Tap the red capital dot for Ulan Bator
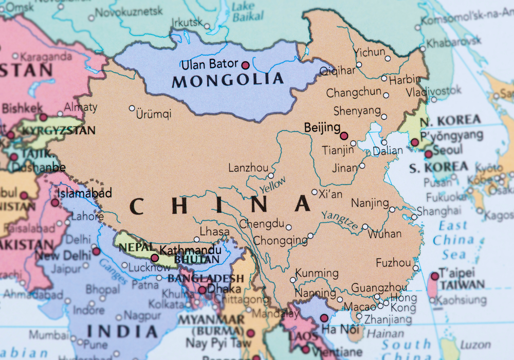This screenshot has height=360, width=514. (245, 65)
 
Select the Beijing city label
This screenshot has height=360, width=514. (322, 127)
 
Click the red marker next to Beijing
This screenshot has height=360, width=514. (344, 136)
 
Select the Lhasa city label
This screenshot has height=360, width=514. (214, 232)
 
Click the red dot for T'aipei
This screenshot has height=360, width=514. (434, 276)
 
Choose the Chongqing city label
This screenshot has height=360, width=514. (280, 240)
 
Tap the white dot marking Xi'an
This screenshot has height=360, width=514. (315, 192)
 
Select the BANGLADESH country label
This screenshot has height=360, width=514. (206, 278)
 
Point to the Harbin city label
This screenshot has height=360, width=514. (405, 80)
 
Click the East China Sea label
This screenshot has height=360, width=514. (453, 240)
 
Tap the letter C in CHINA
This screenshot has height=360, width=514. (136, 206)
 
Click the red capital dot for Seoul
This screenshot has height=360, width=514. (428, 154)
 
